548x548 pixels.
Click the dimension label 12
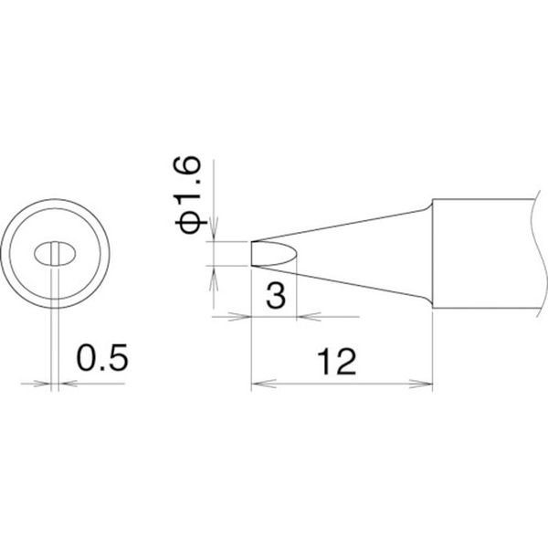pyautogui.click(x=336, y=362)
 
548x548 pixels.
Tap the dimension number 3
pyautogui.click(x=276, y=295)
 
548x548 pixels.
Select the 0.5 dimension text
pyautogui.click(x=102, y=357)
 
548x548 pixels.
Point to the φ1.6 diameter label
pyautogui.click(x=187, y=195)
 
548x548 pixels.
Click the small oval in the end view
pyautogui.click(x=55, y=254)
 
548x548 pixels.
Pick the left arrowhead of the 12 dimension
pyautogui.click(x=264, y=384)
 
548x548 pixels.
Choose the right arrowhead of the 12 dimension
pyautogui.click(x=421, y=384)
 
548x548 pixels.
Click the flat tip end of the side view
pyautogui.click(x=252, y=254)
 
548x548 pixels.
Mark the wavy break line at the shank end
pyautogui.click(x=539, y=254)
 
